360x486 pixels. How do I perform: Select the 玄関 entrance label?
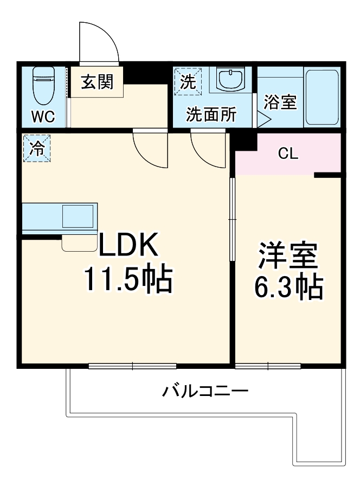point(97,82)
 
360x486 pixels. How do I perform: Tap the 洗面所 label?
point(211,114)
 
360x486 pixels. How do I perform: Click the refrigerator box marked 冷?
point(36,149)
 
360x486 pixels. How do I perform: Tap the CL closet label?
point(287,154)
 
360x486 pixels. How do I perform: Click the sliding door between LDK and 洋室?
point(232,220)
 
